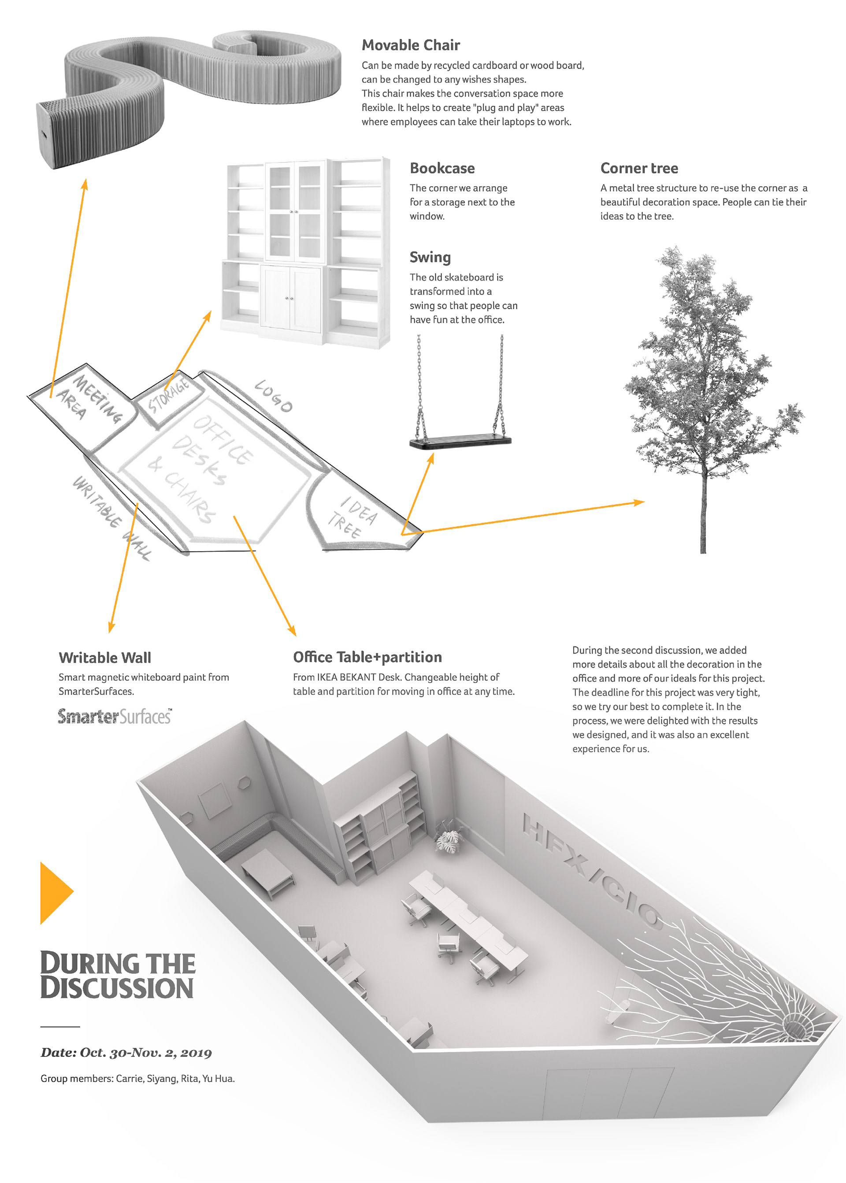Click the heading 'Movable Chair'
(x=411, y=45)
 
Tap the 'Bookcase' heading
(x=442, y=168)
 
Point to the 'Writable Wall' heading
(x=105, y=658)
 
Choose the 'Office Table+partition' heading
(x=367, y=657)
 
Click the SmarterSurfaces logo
(x=115, y=717)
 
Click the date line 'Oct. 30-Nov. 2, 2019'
(x=126, y=1052)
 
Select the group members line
(x=137, y=1078)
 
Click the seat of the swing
(x=460, y=443)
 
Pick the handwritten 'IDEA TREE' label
(x=352, y=517)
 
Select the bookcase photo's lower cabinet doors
(x=290, y=297)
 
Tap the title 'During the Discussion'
(x=118, y=975)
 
